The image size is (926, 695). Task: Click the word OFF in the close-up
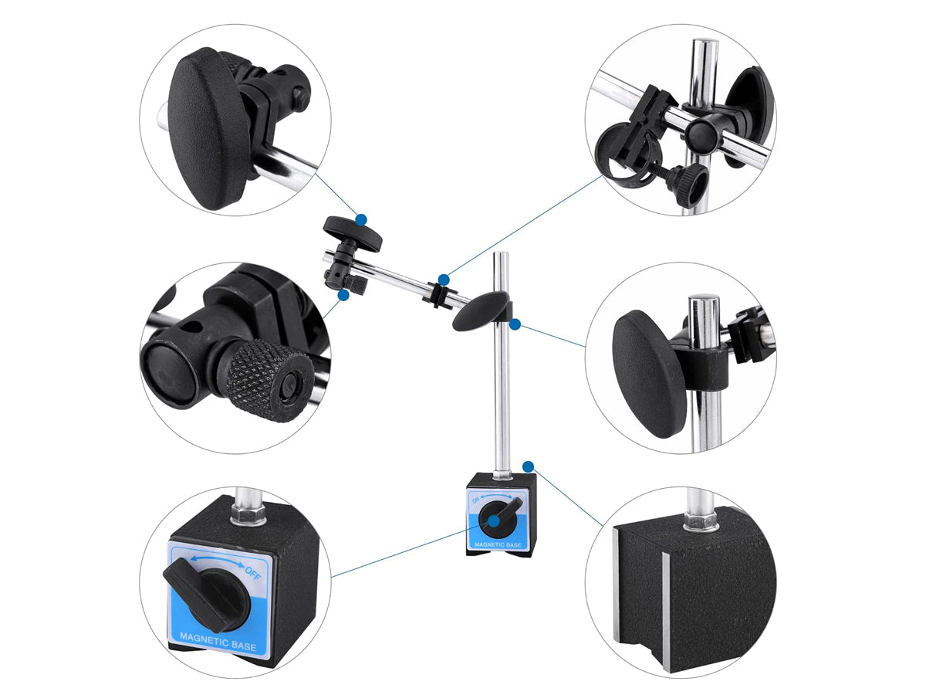tap(254, 573)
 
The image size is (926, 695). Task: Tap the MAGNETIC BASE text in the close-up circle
tap(218, 643)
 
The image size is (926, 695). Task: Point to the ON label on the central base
tap(476, 500)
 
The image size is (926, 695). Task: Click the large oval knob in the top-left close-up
tap(208, 128)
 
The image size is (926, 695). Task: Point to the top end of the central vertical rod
tap(502, 253)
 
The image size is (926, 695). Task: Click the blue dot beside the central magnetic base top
tap(528, 466)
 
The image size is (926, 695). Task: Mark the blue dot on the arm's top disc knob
tap(361, 219)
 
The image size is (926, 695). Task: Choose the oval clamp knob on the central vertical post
tap(481, 311)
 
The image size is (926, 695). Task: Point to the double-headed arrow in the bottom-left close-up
tap(218, 561)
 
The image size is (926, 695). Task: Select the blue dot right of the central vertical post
tap(515, 324)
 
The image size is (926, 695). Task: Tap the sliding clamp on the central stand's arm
tap(435, 293)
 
